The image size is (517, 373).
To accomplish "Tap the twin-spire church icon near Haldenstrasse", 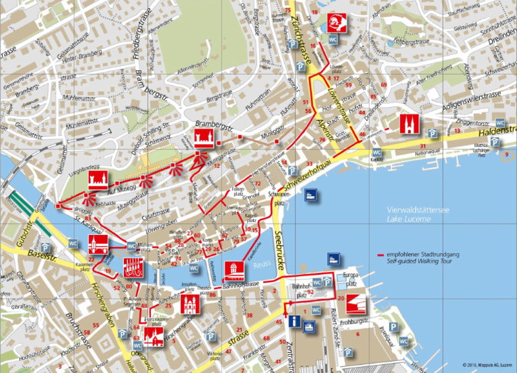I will click(x=408, y=125).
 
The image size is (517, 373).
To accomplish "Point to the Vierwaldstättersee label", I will click(x=413, y=211).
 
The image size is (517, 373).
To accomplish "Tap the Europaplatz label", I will click(x=347, y=277).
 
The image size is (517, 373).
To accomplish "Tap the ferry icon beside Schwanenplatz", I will click(x=312, y=196).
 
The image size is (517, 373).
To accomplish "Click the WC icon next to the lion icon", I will click(x=333, y=40).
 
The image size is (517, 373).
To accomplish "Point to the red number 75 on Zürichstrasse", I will click(x=287, y=10).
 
